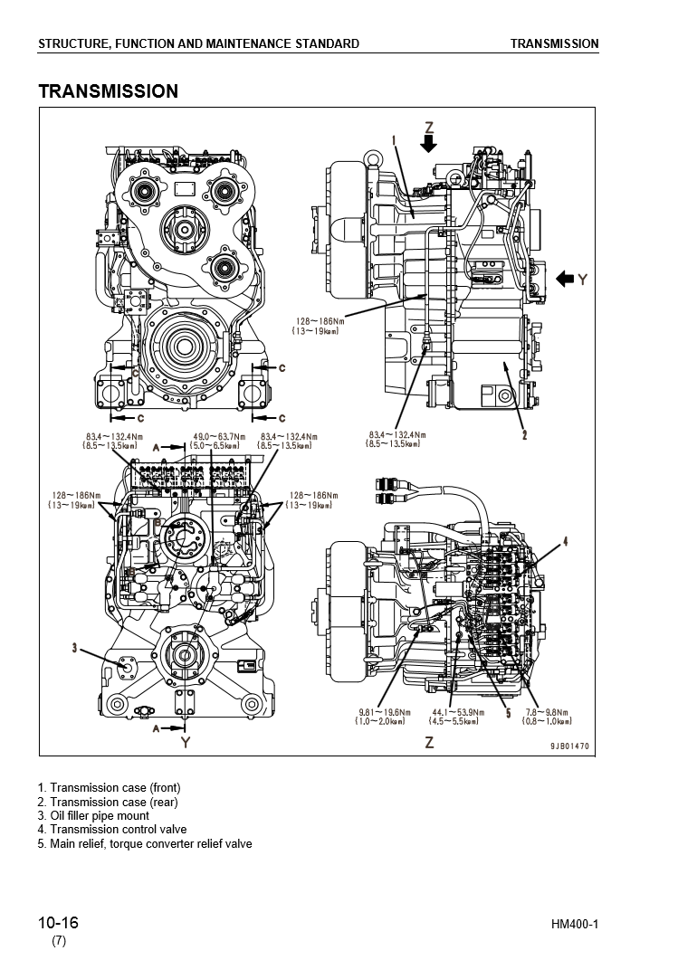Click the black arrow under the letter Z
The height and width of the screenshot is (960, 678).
429,143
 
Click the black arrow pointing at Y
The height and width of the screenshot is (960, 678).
565,279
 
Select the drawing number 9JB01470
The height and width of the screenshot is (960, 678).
569,746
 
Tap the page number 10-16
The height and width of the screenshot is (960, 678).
58,923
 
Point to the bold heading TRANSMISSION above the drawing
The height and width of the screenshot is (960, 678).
108,91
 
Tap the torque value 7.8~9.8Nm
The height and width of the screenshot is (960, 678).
549,712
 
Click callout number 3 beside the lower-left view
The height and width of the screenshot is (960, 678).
74,647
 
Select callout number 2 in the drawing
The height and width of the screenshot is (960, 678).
524,435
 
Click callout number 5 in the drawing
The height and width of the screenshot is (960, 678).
508,714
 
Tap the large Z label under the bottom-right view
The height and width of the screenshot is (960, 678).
429,743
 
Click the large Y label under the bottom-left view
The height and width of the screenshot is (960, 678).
186,743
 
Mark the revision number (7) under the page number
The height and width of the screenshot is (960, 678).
58,941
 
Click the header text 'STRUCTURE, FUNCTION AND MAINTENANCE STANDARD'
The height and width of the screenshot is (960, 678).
198,43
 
